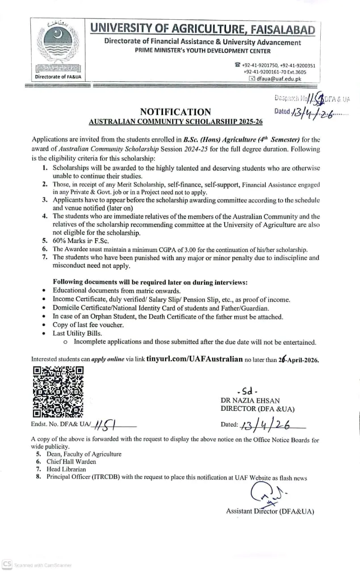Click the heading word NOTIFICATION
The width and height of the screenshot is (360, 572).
(175, 112)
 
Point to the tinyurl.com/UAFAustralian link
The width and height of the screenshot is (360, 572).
(194, 358)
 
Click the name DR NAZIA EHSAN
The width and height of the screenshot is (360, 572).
(250, 401)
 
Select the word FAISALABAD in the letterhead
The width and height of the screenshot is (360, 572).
(280, 29)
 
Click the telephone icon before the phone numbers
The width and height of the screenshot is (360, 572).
(238, 65)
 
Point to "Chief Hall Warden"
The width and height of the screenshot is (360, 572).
(71, 462)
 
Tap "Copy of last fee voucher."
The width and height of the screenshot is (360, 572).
(88, 325)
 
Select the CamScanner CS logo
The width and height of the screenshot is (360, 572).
(7, 565)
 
